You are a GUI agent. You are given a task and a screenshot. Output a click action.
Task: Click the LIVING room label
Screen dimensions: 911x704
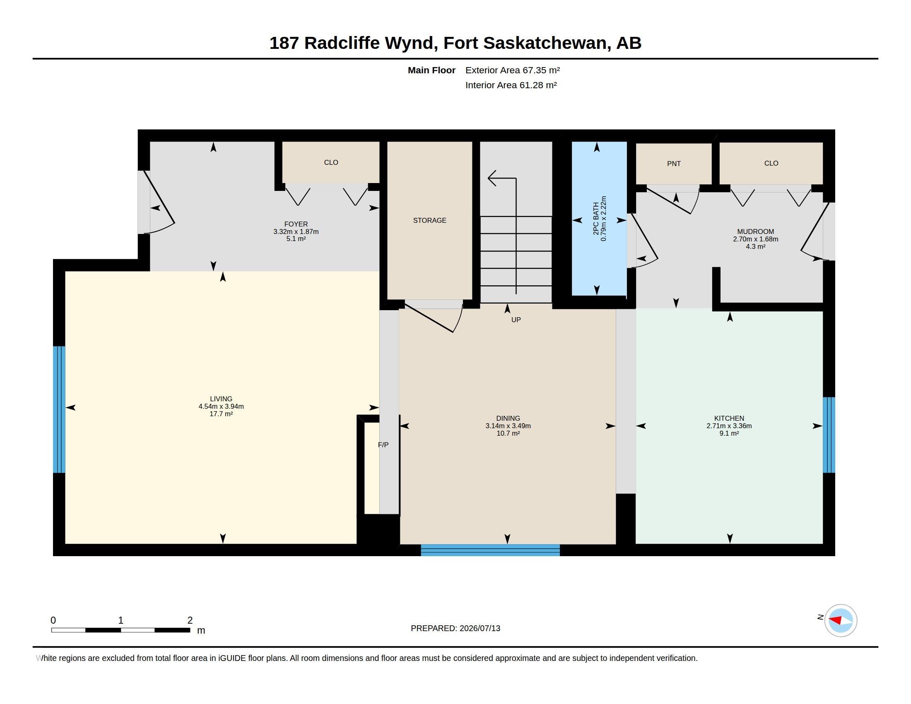coord(221,399)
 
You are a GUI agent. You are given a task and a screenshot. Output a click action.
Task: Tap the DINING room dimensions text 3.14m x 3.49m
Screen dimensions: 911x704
coord(508,426)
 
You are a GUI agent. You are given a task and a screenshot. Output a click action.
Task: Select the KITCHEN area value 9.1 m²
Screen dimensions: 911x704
coord(729,433)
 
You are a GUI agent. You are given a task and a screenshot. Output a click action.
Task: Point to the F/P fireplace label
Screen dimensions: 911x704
coord(383,445)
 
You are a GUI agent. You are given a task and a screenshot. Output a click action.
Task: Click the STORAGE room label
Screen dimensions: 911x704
coord(430,220)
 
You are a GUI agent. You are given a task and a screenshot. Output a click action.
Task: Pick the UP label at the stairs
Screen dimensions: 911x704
coord(516,320)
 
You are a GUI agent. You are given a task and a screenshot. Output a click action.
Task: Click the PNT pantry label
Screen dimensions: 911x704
coord(674,164)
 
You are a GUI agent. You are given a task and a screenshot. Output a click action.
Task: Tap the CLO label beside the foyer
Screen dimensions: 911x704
coord(331,163)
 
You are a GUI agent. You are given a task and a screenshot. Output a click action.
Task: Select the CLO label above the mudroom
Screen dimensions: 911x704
coord(771,164)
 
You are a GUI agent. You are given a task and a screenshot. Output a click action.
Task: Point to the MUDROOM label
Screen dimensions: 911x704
coord(755,231)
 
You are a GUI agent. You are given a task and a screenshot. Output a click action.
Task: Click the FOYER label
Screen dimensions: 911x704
coord(296,224)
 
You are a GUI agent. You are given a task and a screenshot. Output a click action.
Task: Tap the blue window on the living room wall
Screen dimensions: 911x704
coord(59,410)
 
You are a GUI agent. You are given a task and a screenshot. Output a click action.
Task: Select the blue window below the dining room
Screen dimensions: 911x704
coord(490,550)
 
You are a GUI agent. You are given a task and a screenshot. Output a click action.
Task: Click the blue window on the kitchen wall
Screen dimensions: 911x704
coord(829,434)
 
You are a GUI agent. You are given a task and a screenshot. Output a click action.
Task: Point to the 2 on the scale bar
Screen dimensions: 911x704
coord(190,620)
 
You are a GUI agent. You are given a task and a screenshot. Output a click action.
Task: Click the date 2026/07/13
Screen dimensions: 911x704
coord(480,628)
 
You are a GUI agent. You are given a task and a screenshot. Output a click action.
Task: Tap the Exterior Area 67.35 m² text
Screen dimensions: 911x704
coord(513,70)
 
